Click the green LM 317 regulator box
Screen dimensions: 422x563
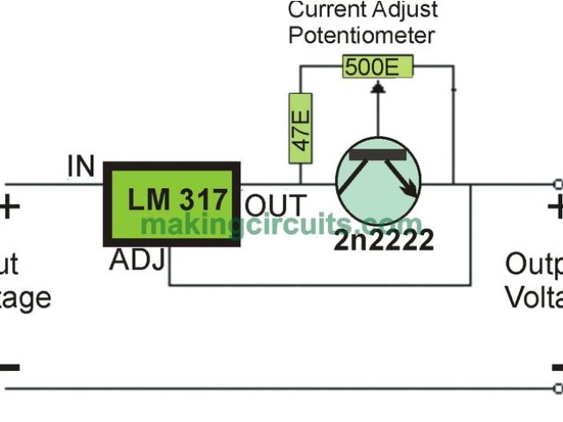tap(173, 203)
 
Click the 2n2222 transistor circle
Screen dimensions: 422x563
tap(378, 180)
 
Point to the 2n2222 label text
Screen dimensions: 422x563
tap(384, 239)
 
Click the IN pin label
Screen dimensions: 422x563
tap(81, 165)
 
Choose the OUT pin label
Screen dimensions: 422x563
tap(275, 206)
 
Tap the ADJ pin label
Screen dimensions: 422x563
tap(136, 261)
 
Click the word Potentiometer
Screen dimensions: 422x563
tap(361, 35)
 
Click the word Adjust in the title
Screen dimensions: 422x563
tap(403, 11)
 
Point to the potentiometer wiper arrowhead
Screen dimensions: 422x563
tap(378, 86)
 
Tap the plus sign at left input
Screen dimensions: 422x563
tap(9, 208)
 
